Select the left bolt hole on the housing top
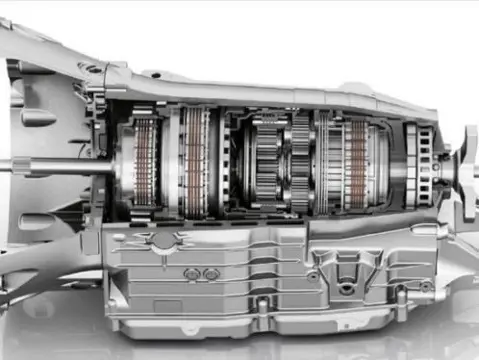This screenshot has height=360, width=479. click(x=91, y=69)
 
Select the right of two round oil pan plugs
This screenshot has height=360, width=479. click(x=211, y=273)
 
